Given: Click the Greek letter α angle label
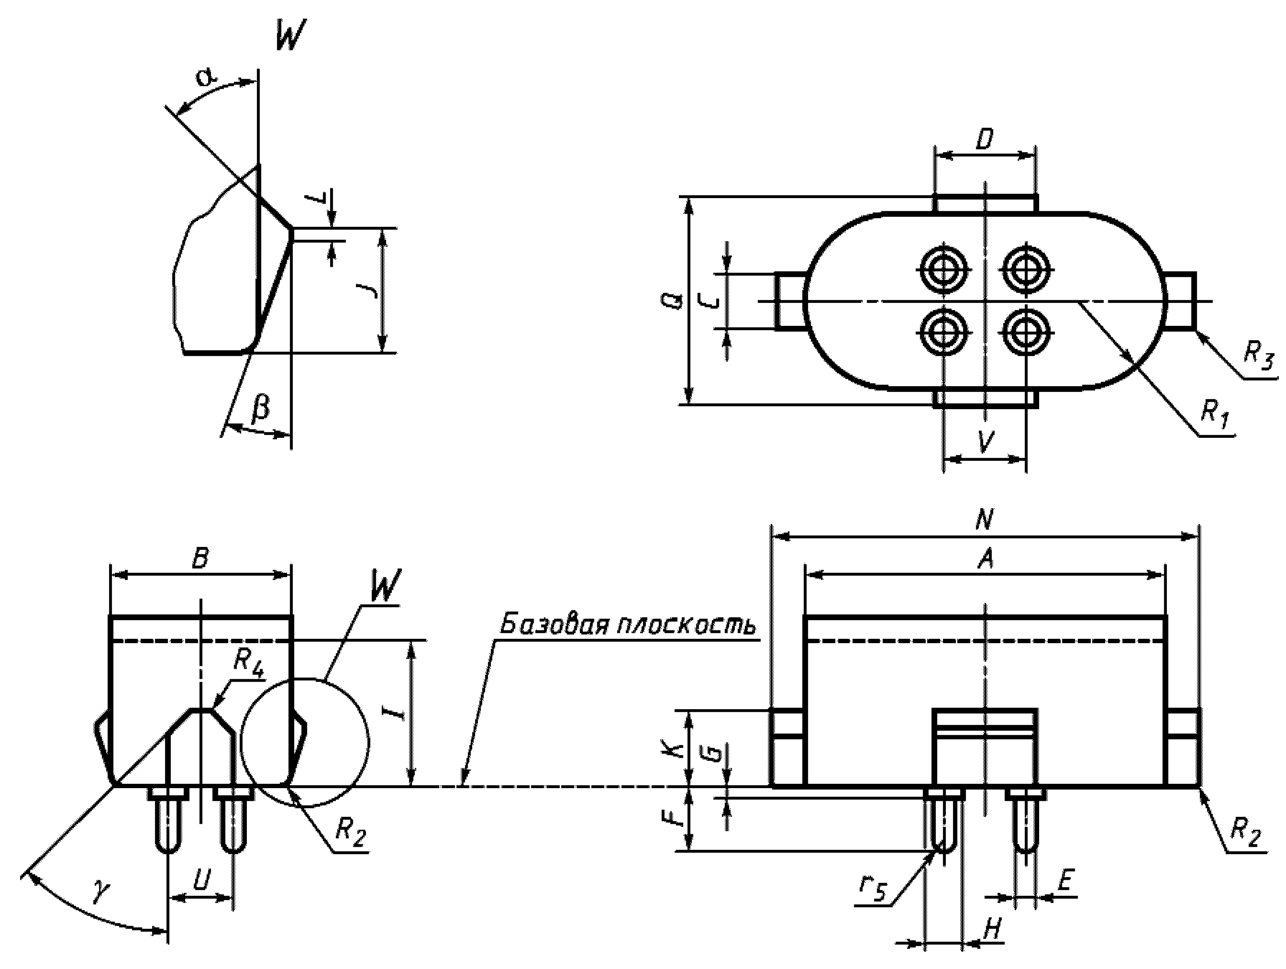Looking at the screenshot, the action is [207, 78].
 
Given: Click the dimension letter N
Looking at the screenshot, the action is [985, 519].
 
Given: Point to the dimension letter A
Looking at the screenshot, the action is [986, 559].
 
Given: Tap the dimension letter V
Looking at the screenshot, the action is [986, 443].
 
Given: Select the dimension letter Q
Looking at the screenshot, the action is [667, 301].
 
